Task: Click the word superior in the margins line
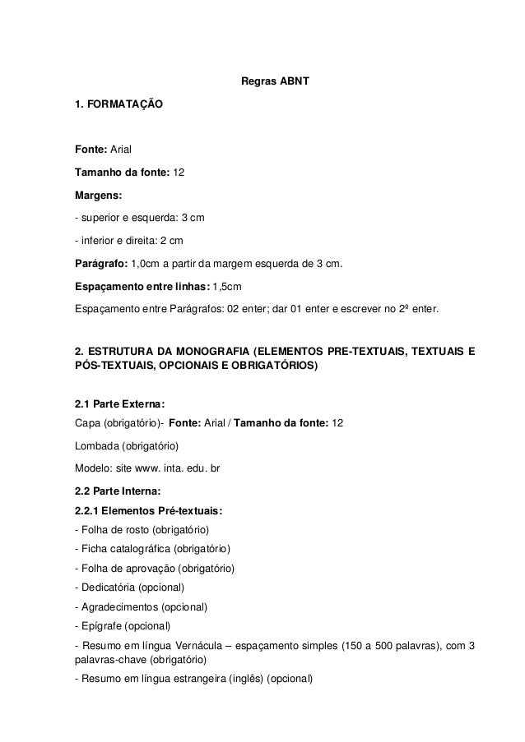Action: [x=101, y=219]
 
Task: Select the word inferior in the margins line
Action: [x=96, y=242]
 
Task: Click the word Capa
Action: [x=86, y=422]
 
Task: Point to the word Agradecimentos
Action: [x=119, y=608]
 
